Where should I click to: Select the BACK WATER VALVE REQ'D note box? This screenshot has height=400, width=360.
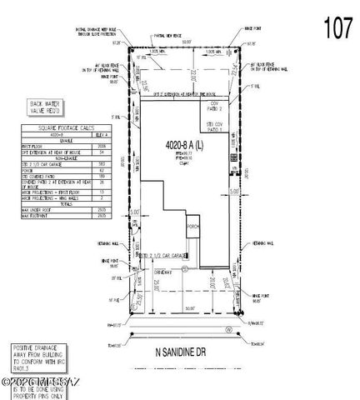pos(27,107)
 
